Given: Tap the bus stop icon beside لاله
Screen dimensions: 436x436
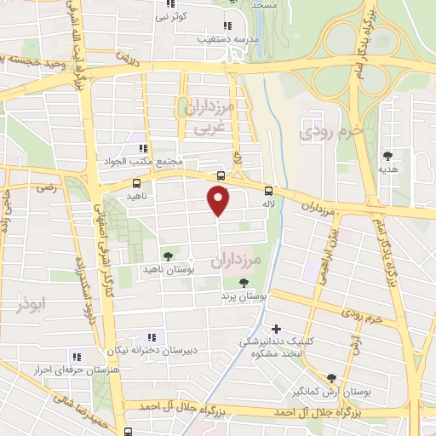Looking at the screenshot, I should [x=268, y=191].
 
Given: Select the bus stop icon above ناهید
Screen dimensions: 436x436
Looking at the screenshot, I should [x=137, y=183].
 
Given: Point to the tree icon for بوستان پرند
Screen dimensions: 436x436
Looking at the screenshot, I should [x=244, y=283].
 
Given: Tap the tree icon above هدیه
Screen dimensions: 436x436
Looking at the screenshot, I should [x=388, y=156].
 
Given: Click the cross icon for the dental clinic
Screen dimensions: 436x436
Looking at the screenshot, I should [x=275, y=328].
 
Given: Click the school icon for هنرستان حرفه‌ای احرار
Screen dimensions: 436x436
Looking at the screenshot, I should [x=76, y=357].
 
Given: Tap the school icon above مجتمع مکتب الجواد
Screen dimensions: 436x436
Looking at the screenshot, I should [x=146, y=148].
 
